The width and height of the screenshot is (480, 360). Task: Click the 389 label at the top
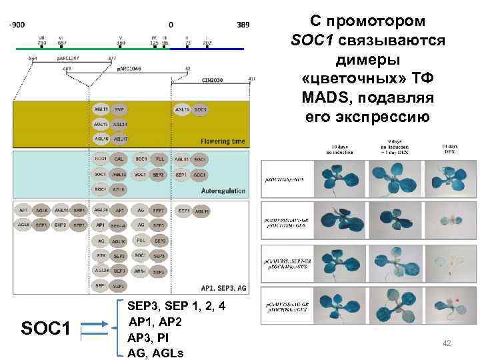(243, 25)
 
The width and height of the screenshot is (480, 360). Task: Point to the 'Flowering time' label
(223, 141)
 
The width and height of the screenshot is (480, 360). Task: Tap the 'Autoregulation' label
(223, 191)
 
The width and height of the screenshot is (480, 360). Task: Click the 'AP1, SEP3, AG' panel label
(223, 287)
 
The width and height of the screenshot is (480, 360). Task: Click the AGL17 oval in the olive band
(120, 139)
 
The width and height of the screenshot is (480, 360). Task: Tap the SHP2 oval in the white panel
(60, 225)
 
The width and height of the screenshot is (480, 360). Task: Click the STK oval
(100, 255)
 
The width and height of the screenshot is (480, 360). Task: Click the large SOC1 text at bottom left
(47, 327)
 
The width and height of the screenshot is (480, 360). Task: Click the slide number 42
(447, 343)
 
